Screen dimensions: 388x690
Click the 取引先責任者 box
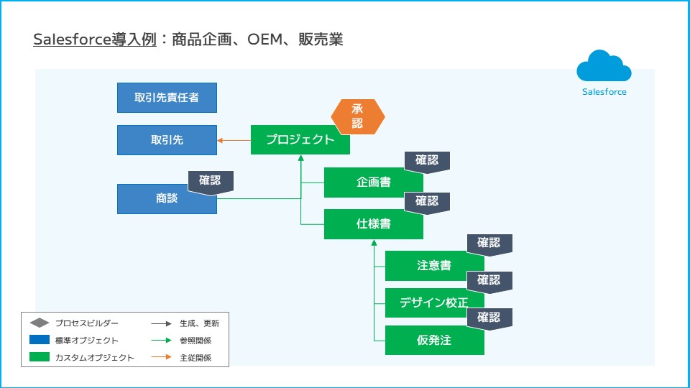point(167,98)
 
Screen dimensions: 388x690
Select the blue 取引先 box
point(167,140)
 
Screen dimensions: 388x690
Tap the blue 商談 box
point(167,199)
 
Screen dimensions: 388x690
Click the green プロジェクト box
point(300,139)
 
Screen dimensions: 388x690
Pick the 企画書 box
point(373,183)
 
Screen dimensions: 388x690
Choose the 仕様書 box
point(373,224)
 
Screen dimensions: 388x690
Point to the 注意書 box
point(434,266)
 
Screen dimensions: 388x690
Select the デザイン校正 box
point(434,302)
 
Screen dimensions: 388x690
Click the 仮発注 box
point(434,340)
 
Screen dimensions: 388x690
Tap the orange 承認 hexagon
point(358,116)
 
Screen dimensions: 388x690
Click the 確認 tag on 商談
point(211,182)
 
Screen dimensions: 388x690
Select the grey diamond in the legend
point(40,323)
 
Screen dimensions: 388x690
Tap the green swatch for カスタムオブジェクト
point(40,357)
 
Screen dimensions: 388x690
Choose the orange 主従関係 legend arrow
point(165,357)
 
